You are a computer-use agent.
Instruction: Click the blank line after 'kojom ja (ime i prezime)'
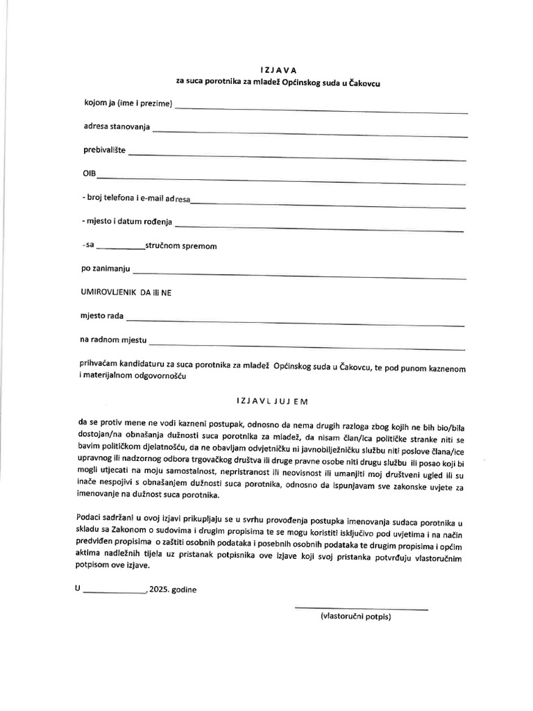coord(322,109)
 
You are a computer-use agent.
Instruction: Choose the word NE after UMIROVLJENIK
coord(167,292)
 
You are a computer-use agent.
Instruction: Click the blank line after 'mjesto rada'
coord(295,321)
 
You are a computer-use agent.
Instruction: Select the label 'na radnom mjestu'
coord(114,340)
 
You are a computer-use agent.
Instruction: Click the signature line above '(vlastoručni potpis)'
coord(362,608)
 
